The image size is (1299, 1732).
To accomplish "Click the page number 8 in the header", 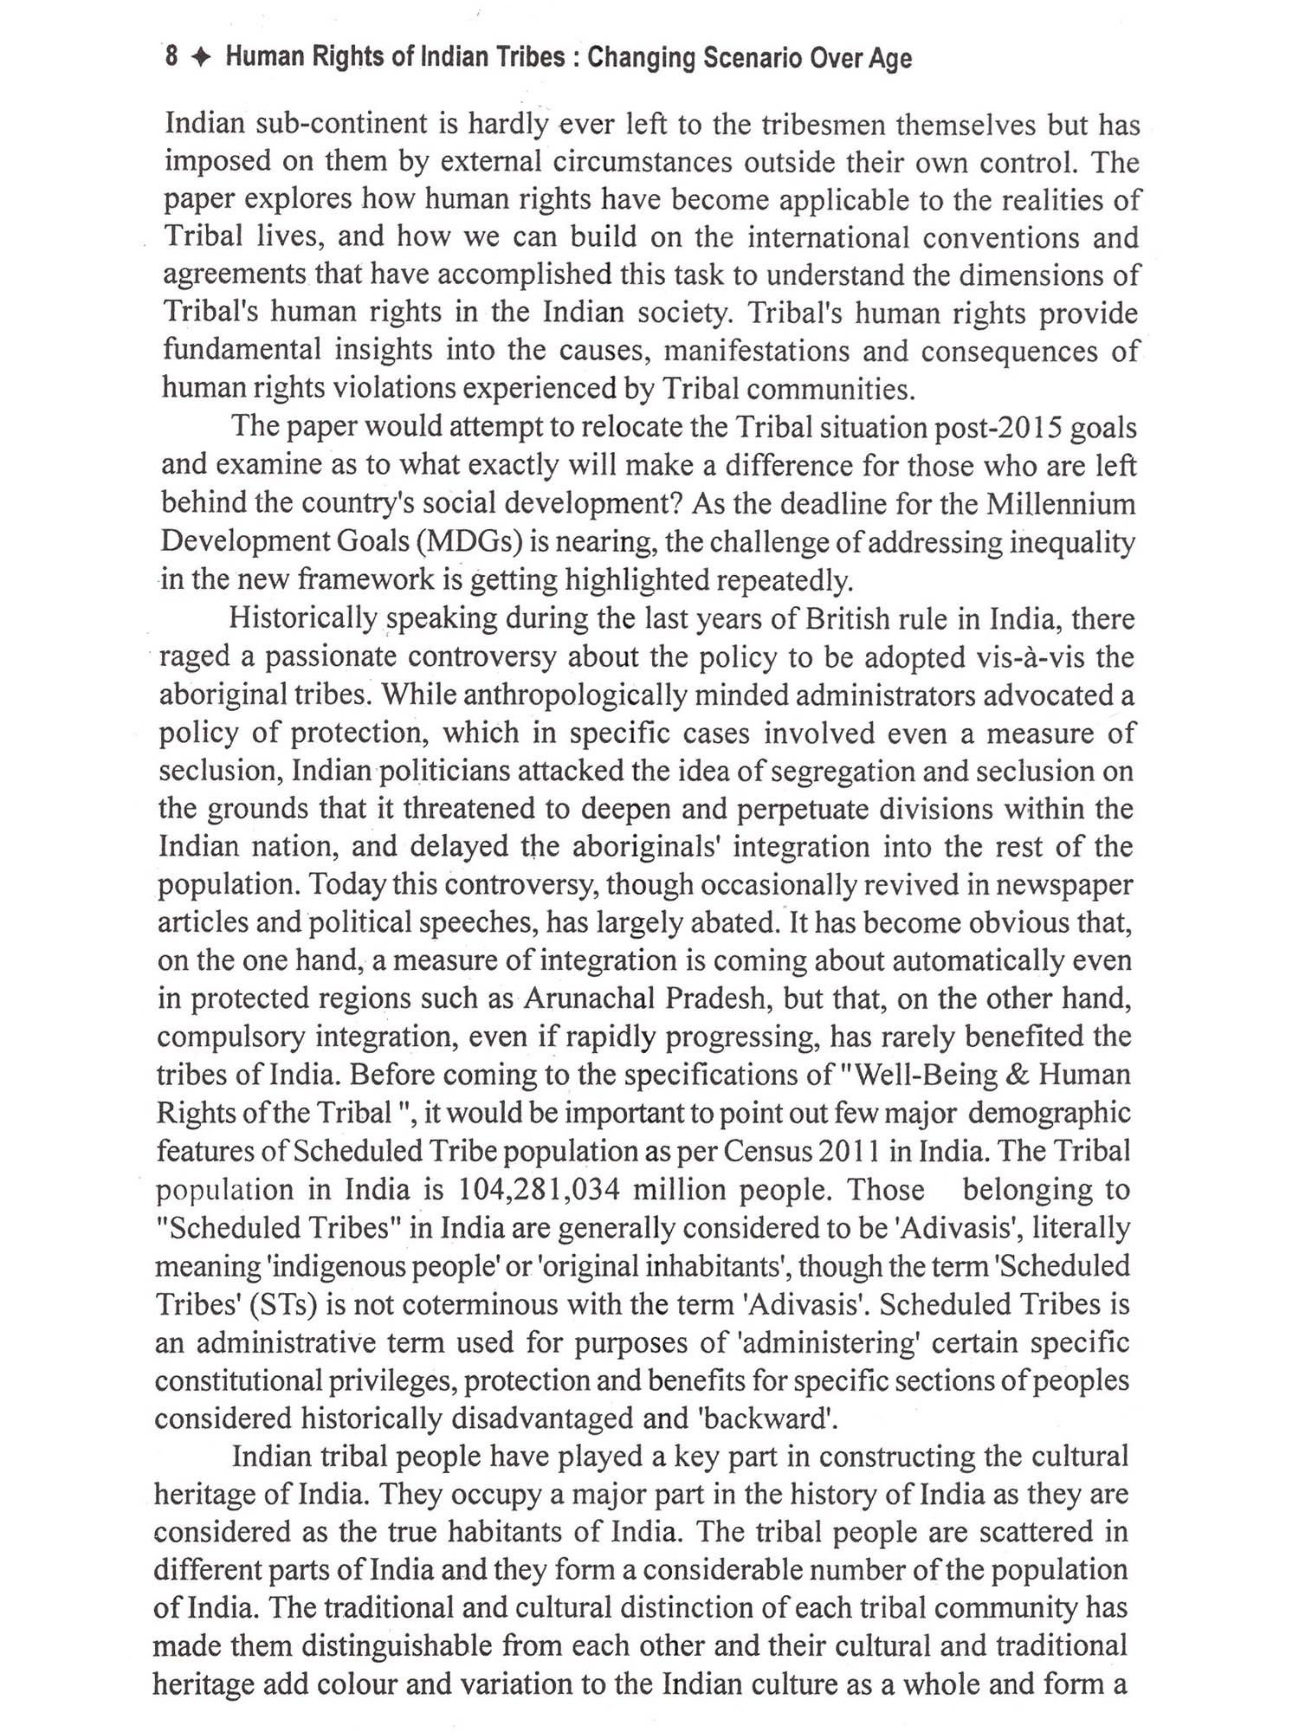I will [x=171, y=58].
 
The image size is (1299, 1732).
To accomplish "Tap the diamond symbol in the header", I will [x=201, y=59].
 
